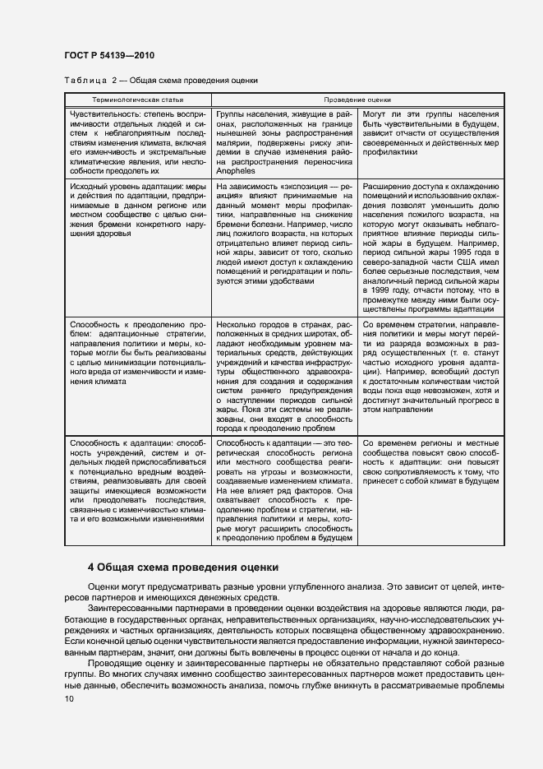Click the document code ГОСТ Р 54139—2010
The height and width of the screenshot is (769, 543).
click(108, 55)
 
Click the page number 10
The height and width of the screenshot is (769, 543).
click(69, 698)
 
